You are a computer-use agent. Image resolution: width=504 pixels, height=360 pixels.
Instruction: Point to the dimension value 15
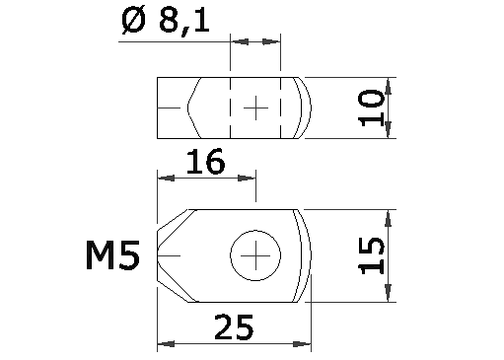click(x=372, y=255)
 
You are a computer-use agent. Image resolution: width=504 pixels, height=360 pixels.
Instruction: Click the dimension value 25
click(x=233, y=325)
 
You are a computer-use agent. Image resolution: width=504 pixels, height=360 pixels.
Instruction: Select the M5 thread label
click(x=111, y=257)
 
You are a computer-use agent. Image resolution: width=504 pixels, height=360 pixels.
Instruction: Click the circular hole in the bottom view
click(x=255, y=256)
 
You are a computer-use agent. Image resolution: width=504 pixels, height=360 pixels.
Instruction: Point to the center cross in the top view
click(x=255, y=107)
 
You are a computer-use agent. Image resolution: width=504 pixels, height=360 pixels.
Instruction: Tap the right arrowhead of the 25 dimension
click(x=305, y=344)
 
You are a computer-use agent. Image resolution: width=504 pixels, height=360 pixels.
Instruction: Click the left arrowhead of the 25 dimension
click(x=164, y=344)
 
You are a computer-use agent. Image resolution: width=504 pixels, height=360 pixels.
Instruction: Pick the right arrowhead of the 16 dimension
click(x=250, y=178)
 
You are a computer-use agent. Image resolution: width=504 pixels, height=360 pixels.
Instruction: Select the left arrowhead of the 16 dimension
click(x=164, y=178)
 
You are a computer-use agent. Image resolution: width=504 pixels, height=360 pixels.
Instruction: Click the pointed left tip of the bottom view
click(x=159, y=256)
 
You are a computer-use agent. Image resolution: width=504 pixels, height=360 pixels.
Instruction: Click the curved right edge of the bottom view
click(x=311, y=256)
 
